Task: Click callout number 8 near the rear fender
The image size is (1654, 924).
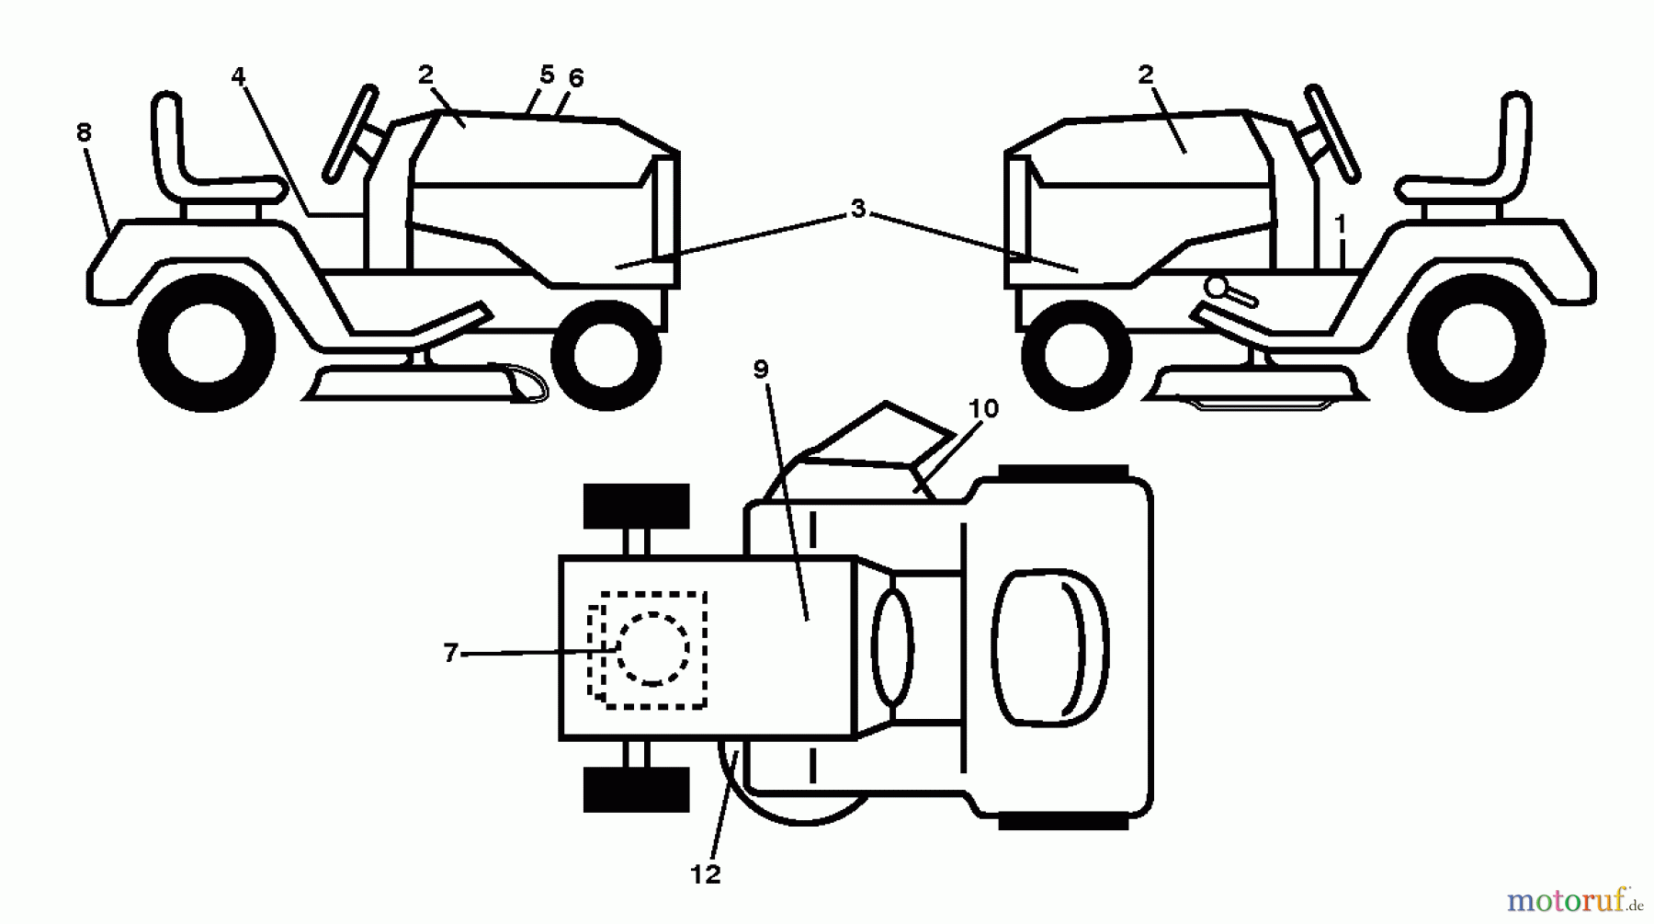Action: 84,133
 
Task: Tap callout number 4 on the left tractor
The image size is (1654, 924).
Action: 239,76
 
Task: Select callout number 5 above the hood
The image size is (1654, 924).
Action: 547,74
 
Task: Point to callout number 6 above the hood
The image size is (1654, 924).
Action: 576,79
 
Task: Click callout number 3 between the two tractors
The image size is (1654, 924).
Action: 857,210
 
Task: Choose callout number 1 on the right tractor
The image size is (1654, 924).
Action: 1341,224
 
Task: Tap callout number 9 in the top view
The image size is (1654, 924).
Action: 760,370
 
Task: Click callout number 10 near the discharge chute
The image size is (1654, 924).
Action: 982,408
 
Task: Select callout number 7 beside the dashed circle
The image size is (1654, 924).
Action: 450,654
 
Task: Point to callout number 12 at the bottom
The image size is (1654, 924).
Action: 705,874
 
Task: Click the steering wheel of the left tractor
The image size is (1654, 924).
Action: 350,132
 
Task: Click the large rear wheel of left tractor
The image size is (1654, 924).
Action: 206,344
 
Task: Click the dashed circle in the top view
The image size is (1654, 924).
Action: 652,649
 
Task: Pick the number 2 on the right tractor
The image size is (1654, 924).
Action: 1145,75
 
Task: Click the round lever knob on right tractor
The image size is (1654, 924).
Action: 1218,288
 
